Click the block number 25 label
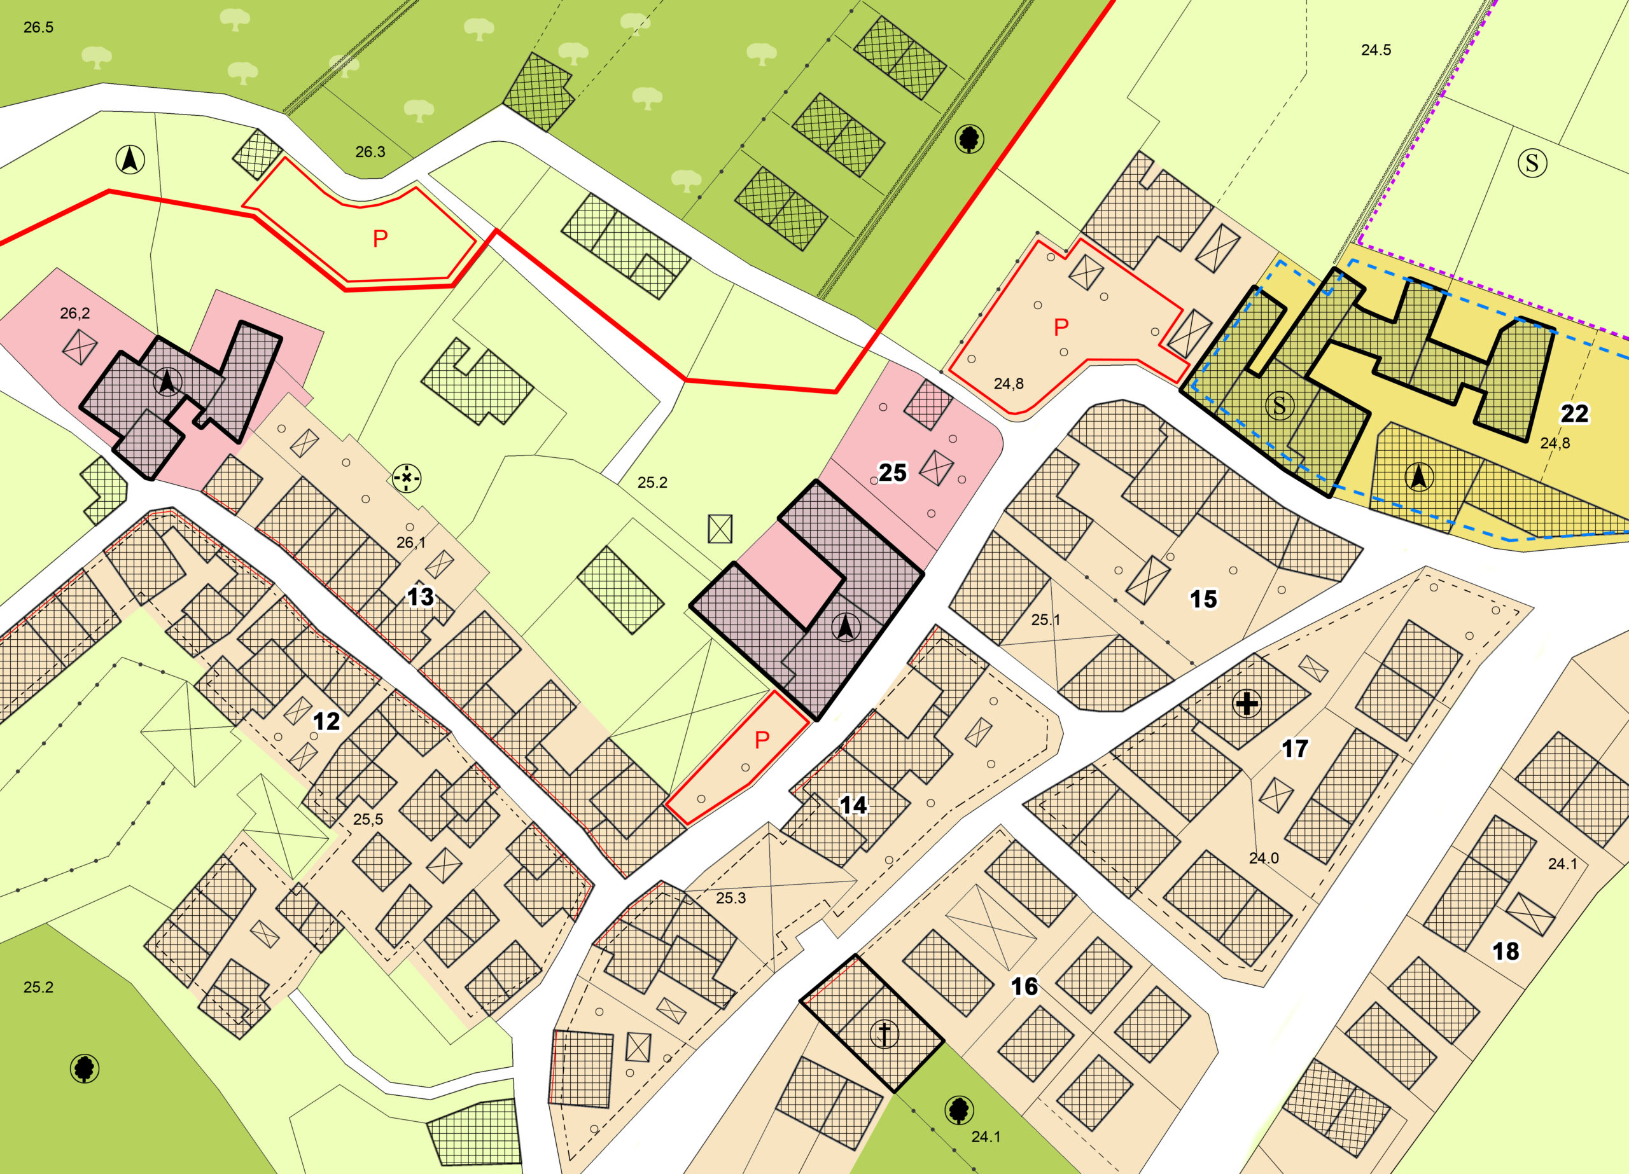[893, 473]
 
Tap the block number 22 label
[1574, 413]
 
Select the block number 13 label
[420, 597]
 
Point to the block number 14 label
[853, 805]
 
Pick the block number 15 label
[1203, 599]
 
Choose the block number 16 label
[1024, 986]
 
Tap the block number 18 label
[1506, 951]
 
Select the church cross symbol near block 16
[884, 1034]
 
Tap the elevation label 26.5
[38, 27]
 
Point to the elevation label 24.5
[1376, 50]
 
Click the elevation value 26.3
[370, 151]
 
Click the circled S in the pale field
[1532, 163]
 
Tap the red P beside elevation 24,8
[1061, 328]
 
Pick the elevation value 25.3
[731, 897]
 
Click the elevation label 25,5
[368, 818]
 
